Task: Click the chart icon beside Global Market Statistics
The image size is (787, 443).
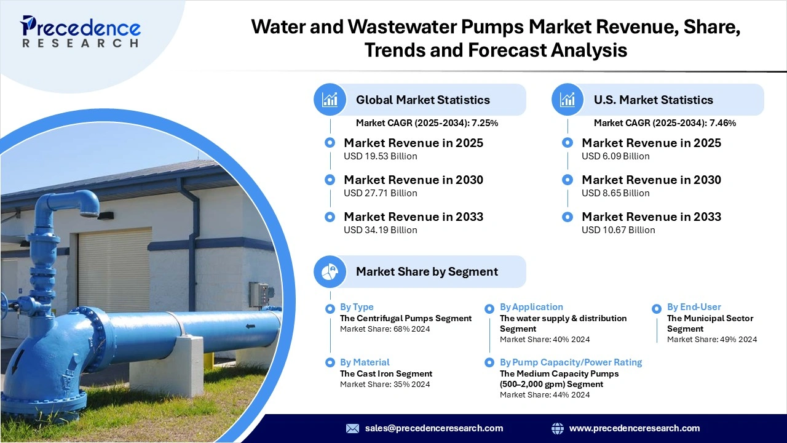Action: pyautogui.click(x=330, y=100)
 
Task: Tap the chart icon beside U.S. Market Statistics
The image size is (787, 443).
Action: pyautogui.click(x=568, y=100)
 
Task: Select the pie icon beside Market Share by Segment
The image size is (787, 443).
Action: pyautogui.click(x=330, y=271)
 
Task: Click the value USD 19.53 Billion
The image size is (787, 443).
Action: pyautogui.click(x=380, y=156)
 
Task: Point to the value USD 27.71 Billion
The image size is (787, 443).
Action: pyautogui.click(x=380, y=193)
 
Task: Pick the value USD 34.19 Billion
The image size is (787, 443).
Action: pyautogui.click(x=380, y=230)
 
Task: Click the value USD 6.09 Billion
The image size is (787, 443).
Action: pyautogui.click(x=615, y=156)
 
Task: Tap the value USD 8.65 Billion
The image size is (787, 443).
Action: pyautogui.click(x=615, y=193)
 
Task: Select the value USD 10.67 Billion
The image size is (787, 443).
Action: pyautogui.click(x=618, y=230)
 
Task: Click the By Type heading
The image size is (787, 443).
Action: pyautogui.click(x=357, y=307)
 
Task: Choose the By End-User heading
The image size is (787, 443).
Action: pyautogui.click(x=694, y=307)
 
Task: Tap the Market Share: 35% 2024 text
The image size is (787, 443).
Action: pyautogui.click(x=385, y=385)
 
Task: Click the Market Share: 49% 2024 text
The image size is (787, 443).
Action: pyautogui.click(x=712, y=340)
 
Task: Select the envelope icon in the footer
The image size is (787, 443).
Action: pyautogui.click(x=352, y=428)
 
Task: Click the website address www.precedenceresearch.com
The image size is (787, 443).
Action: pyautogui.click(x=635, y=428)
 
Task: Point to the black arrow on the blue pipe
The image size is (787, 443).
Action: pyautogui.click(x=251, y=326)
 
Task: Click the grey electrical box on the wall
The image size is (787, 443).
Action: pyautogui.click(x=259, y=294)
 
